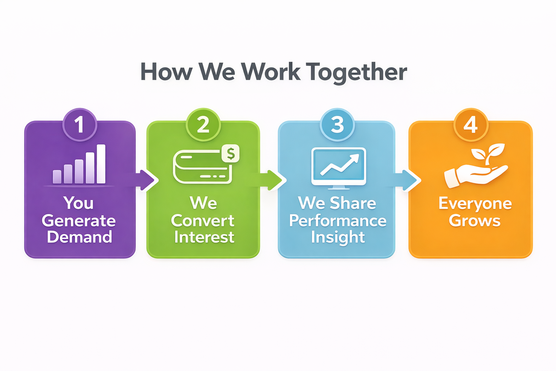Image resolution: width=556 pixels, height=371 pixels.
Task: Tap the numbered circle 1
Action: pos(80,125)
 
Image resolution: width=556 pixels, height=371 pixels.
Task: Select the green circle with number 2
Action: pos(203,125)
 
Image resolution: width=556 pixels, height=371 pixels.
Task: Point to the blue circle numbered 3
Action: pos(337,125)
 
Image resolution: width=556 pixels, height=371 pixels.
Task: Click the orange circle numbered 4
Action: pos(471,125)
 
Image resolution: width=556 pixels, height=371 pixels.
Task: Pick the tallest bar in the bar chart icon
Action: pos(101,164)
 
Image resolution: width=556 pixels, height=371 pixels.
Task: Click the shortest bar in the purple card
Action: pos(57,176)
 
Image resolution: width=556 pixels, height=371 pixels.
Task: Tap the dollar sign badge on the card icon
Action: pos(231,154)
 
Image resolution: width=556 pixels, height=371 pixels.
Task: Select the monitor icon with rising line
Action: pos(339,168)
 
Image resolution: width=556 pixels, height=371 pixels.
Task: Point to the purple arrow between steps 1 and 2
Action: pos(147,180)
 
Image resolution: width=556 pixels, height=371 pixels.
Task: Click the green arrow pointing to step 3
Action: pos(275,180)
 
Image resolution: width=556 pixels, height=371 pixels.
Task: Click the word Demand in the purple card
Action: pos(80,237)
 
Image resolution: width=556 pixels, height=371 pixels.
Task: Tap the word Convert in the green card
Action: pos(203,221)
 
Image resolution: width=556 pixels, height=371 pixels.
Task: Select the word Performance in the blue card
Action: pos(338,221)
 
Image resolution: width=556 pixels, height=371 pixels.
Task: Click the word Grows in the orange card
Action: pos(475,221)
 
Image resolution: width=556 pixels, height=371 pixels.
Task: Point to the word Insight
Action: pos(338,237)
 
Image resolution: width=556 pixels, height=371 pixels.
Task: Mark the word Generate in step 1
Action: pos(79,221)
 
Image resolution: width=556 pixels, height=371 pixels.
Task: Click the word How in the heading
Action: pos(166,72)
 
